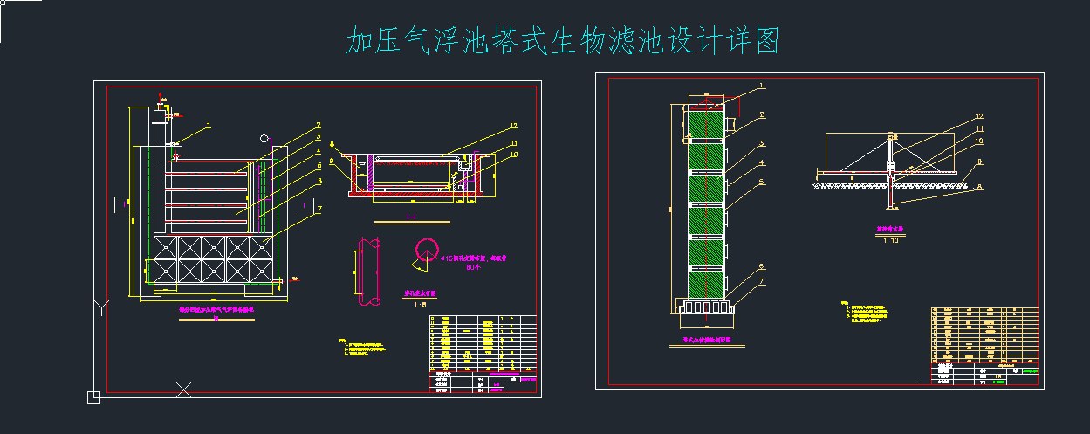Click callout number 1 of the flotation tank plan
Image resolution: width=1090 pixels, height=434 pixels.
[x=209, y=126]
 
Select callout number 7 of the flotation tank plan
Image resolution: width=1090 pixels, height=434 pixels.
[x=319, y=209]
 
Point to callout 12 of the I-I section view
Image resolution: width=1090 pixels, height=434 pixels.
[x=514, y=126]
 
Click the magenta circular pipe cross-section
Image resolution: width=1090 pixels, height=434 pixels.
[x=428, y=250]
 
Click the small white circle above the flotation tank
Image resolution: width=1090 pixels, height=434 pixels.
[x=263, y=137]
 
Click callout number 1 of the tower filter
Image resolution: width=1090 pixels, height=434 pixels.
[x=761, y=86]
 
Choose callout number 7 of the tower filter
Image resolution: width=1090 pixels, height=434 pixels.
[x=761, y=281]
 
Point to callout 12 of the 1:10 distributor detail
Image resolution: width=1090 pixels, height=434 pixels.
[x=979, y=116]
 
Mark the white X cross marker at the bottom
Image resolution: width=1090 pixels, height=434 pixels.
[x=183, y=389]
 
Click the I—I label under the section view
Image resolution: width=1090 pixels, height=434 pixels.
[x=411, y=215]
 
